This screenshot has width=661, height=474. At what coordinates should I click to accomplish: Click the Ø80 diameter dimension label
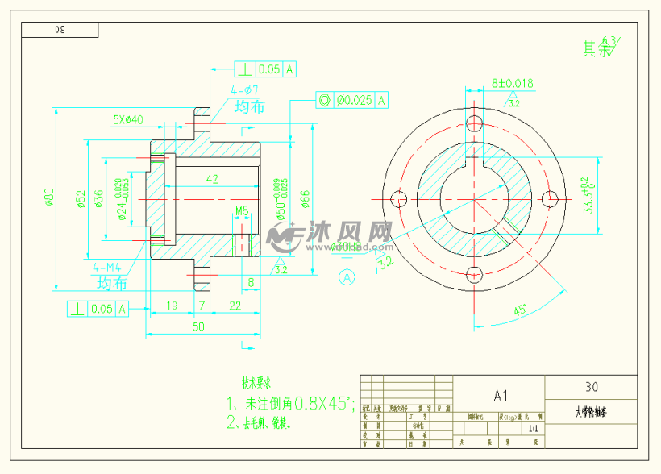coord(49,197)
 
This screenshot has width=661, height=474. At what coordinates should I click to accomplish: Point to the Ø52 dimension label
coord(81,199)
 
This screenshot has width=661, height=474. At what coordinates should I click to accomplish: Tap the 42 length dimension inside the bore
coord(212,179)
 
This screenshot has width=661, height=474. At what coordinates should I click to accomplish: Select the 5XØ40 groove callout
coord(127,119)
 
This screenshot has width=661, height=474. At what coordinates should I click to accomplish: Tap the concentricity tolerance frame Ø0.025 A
coord(352,100)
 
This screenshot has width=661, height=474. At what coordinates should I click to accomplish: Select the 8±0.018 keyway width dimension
coord(512,83)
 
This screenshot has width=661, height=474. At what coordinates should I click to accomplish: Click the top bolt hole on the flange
coord(473,123)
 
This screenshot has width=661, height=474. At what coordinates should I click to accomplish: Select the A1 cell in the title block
coord(500,395)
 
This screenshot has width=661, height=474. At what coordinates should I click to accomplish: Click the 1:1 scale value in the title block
coord(532,429)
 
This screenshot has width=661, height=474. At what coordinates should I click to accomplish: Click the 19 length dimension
coord(171,305)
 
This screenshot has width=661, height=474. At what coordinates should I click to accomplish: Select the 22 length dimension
coord(235,305)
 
